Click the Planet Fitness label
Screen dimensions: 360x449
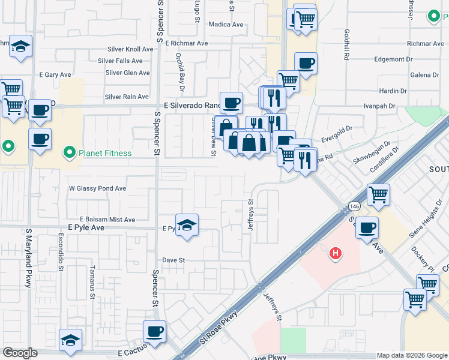pyautogui.click(x=105, y=153)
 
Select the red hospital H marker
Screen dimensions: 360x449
pyautogui.click(x=336, y=254)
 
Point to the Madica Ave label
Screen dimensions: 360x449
pyautogui.click(x=226, y=25)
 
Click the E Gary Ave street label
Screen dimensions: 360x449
pyautogui.click(x=55, y=75)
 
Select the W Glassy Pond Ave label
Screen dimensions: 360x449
pyautogui.click(x=97, y=188)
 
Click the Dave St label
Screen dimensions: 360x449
pyautogui.click(x=173, y=260)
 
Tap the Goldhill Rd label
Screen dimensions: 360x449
pyautogui.click(x=347, y=45)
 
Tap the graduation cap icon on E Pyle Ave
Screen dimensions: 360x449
pyautogui.click(x=187, y=226)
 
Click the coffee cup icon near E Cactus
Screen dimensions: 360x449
pyautogui.click(x=154, y=332)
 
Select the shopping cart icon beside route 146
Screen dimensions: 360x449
pyautogui.click(x=378, y=194)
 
